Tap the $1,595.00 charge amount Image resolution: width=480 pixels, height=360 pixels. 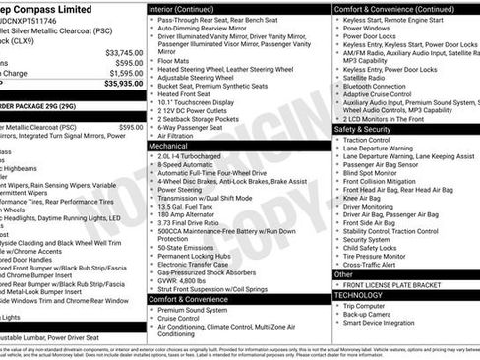click(126, 73)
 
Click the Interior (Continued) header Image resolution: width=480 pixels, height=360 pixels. click(194, 9)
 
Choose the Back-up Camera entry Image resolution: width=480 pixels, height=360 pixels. click(376, 314)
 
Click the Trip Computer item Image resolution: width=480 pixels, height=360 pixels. click(373, 305)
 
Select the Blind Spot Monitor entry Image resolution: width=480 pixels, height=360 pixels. click(380, 172)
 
